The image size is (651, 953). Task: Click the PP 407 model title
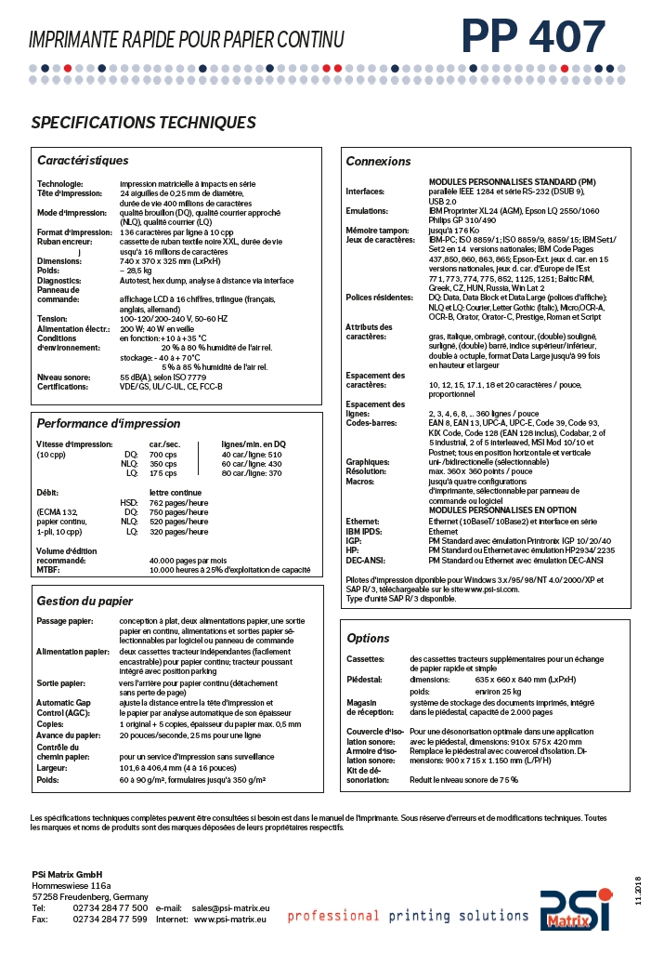tap(533, 37)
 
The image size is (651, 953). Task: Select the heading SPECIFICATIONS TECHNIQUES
tap(143, 123)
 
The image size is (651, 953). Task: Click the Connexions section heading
tap(378, 161)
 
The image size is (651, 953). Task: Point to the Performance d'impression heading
tap(108, 423)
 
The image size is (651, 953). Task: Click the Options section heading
tap(368, 638)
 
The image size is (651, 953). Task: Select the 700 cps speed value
tap(163, 454)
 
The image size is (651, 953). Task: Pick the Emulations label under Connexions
tap(367, 210)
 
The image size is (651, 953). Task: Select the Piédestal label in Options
tap(364, 680)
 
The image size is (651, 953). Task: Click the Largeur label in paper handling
tap(52, 769)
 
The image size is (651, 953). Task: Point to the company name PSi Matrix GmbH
tap(67, 875)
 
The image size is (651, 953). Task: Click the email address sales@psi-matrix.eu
tap(231, 907)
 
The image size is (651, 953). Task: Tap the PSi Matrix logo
tap(577, 910)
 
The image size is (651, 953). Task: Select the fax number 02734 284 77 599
tap(110, 919)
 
